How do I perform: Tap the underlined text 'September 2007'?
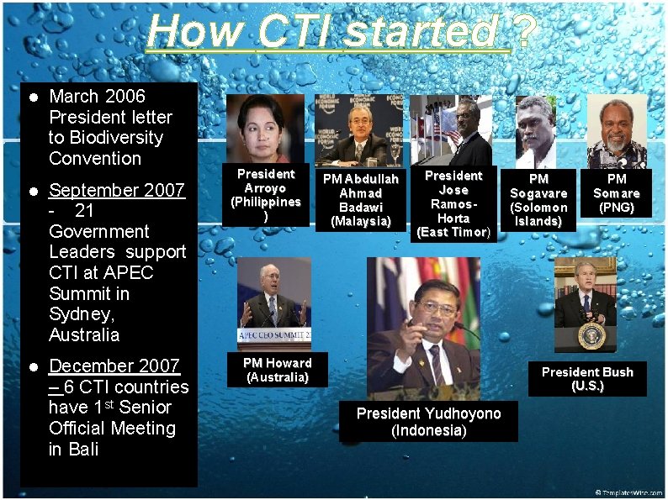point(117,190)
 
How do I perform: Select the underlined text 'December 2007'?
point(114,366)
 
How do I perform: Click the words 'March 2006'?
point(97,97)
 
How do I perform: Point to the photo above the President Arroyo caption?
point(266,129)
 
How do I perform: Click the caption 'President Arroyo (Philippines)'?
point(266,195)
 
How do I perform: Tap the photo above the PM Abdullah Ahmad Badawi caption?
point(358,130)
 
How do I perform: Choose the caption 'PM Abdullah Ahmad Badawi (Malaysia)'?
point(361,200)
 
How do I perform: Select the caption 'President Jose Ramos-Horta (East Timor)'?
point(453,203)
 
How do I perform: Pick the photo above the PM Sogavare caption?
point(537,131)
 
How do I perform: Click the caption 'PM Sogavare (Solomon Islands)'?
point(538,200)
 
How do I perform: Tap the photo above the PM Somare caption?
point(617,131)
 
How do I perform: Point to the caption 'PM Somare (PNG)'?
point(617,193)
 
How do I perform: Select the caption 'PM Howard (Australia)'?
point(278,370)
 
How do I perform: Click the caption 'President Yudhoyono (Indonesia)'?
point(428,422)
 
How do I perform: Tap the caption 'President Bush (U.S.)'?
point(587,379)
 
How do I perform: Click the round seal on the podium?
point(591,335)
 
